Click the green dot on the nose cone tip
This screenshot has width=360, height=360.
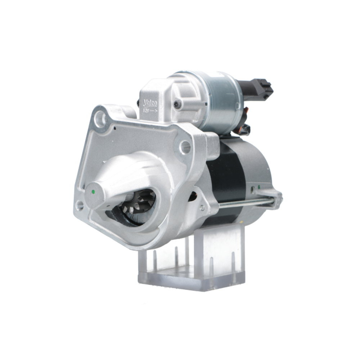[x=93, y=192]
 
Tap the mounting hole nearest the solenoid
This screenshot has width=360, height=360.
[x=185, y=147]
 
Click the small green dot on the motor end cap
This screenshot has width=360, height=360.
[x=252, y=187]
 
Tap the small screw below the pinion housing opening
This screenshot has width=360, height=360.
[x=202, y=208]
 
